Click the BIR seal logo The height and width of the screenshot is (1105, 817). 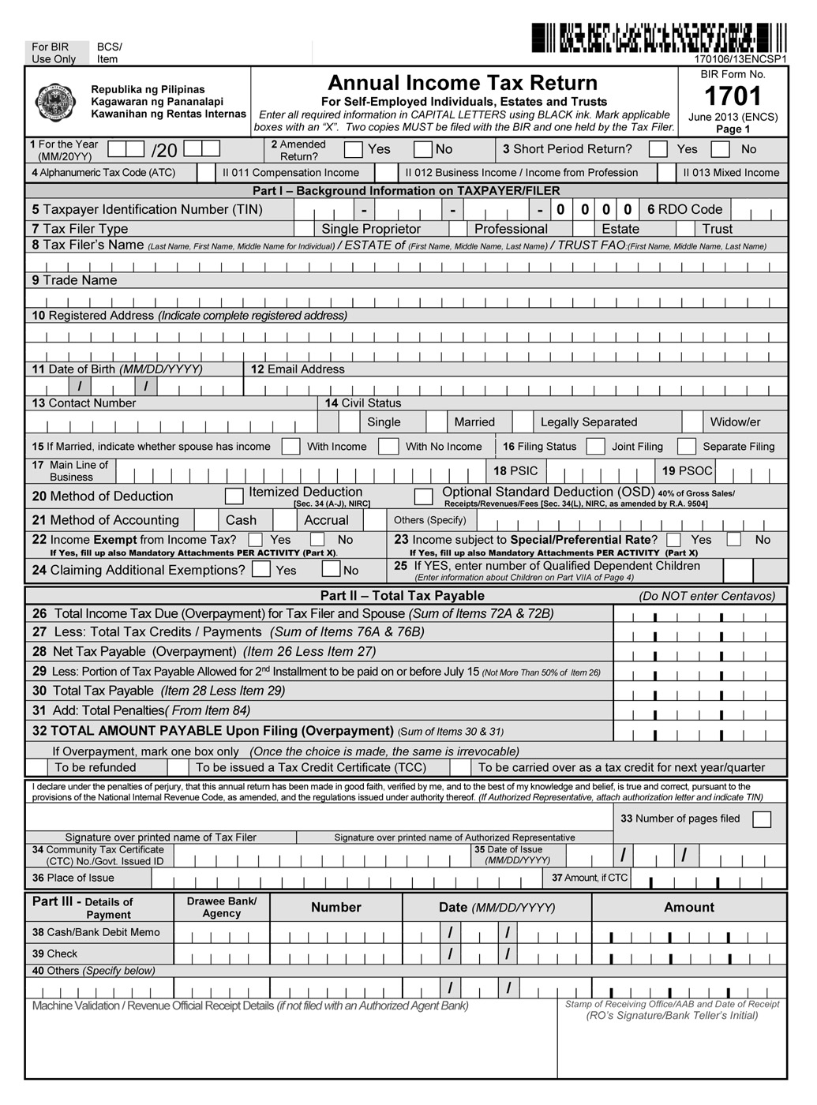pos(56,103)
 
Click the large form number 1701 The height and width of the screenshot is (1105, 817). pos(733,96)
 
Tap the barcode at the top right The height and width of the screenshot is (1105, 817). pos(658,38)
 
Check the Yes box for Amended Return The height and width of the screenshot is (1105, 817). pos(354,149)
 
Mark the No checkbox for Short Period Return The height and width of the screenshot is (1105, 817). pos(720,149)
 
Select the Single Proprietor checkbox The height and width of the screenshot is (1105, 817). pos(304,229)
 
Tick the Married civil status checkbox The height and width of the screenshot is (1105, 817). pos(437,421)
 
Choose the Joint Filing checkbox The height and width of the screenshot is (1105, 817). pos(596,446)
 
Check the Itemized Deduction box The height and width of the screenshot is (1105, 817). pos(234,496)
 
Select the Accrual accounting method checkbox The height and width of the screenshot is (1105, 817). pos(285,520)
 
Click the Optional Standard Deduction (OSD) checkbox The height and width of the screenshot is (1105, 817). pos(424,496)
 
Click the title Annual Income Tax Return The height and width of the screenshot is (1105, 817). pos(463,83)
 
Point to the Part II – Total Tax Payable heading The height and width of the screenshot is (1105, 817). pos(402,596)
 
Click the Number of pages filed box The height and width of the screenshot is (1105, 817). pos(762,819)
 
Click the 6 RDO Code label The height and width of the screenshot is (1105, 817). pos(684,209)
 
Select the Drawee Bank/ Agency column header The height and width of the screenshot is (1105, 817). pos(222,907)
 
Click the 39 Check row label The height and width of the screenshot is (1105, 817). pos(54,953)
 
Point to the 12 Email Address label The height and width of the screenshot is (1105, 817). pos(298,369)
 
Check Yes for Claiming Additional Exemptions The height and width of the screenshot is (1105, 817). pos(261,569)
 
